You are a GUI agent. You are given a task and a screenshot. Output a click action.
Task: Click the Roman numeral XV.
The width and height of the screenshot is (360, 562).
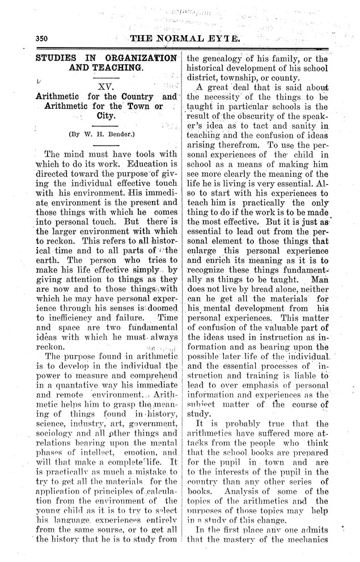[x=106, y=88]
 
